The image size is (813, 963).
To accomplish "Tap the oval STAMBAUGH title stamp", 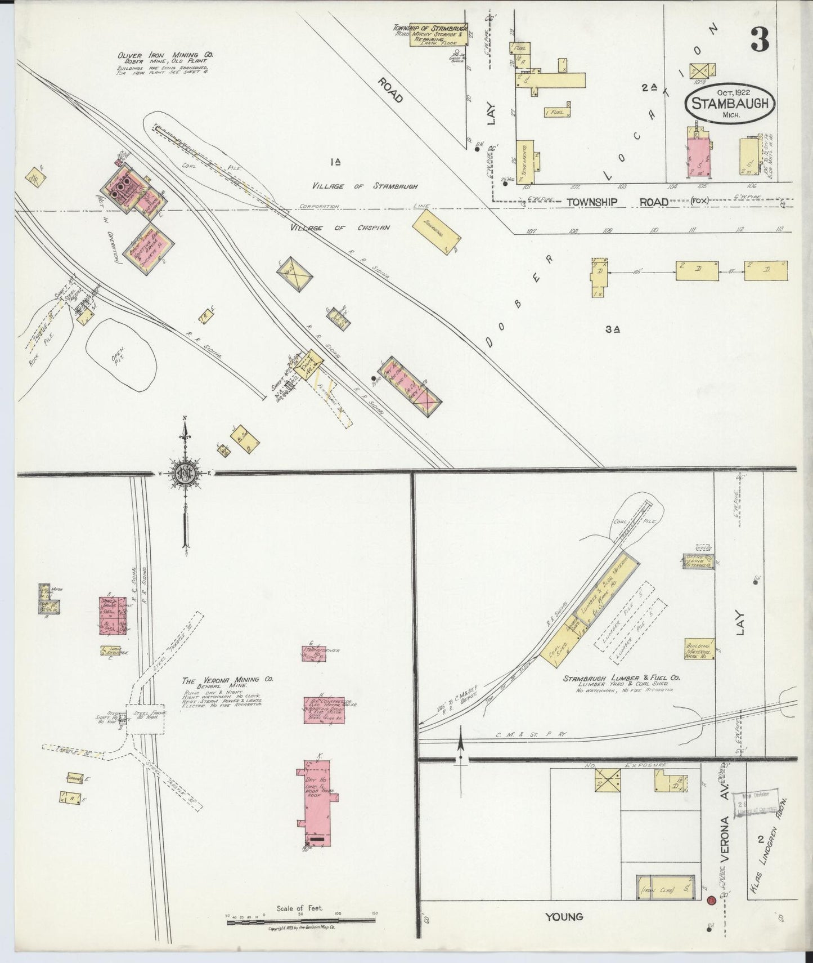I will coord(730,105).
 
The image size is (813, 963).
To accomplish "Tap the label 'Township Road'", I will coord(617,202).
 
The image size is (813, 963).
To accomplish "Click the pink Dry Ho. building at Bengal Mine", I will coord(317,801).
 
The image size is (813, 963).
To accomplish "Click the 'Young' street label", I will coord(564,917).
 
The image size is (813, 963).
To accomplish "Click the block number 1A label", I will coord(336,163).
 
